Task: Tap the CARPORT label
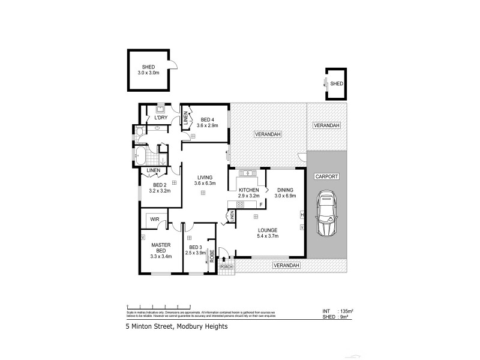pos(326,177)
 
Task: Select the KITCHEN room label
pos(248,190)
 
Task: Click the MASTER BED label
pos(161,247)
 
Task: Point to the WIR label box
pos(154,219)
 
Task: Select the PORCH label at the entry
pos(227,266)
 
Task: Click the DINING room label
pos(285,190)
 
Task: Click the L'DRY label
pos(161,118)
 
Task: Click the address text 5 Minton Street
pos(168,328)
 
